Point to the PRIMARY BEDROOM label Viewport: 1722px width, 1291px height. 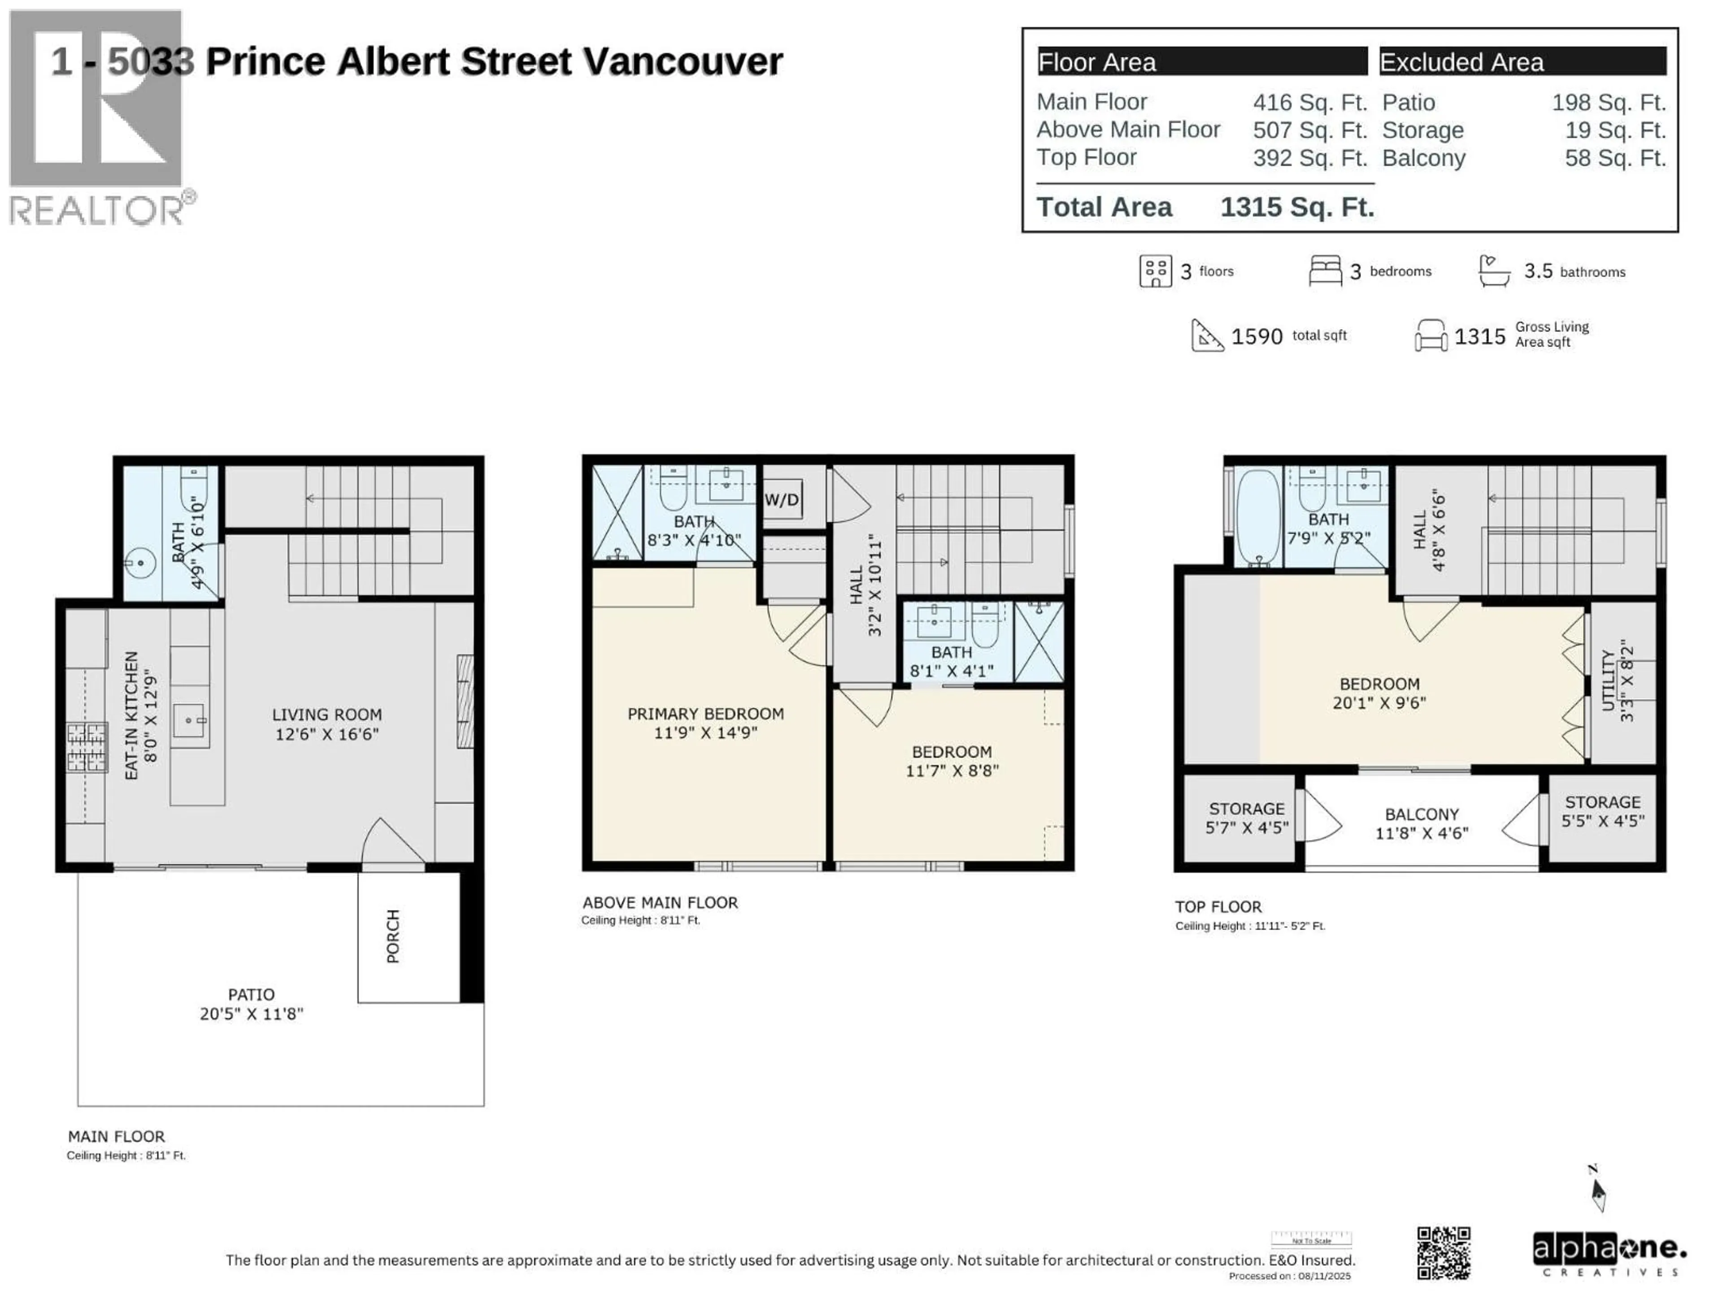(x=705, y=714)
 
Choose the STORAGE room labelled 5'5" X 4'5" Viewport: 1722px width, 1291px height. (x=1602, y=811)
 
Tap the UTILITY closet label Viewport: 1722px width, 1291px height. (x=1609, y=681)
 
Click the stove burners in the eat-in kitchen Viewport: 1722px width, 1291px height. (x=87, y=747)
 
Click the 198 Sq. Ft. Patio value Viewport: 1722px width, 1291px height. (x=1609, y=102)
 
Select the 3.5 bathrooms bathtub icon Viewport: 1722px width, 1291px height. (x=1493, y=271)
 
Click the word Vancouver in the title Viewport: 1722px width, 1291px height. (x=683, y=61)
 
